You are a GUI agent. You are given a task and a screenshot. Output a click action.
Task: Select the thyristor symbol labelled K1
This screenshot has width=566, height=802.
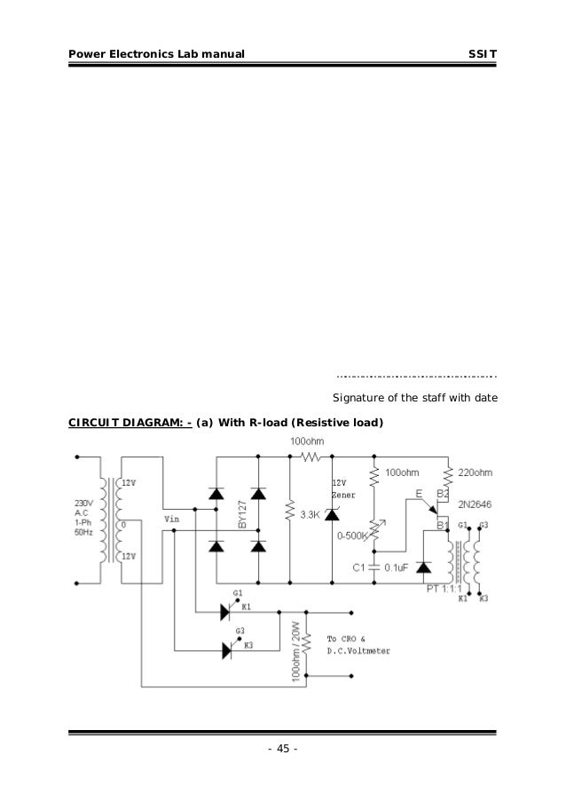225,611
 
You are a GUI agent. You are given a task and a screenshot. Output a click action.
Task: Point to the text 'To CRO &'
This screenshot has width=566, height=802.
347,639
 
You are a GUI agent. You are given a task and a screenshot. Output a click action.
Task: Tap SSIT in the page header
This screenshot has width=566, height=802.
483,55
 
